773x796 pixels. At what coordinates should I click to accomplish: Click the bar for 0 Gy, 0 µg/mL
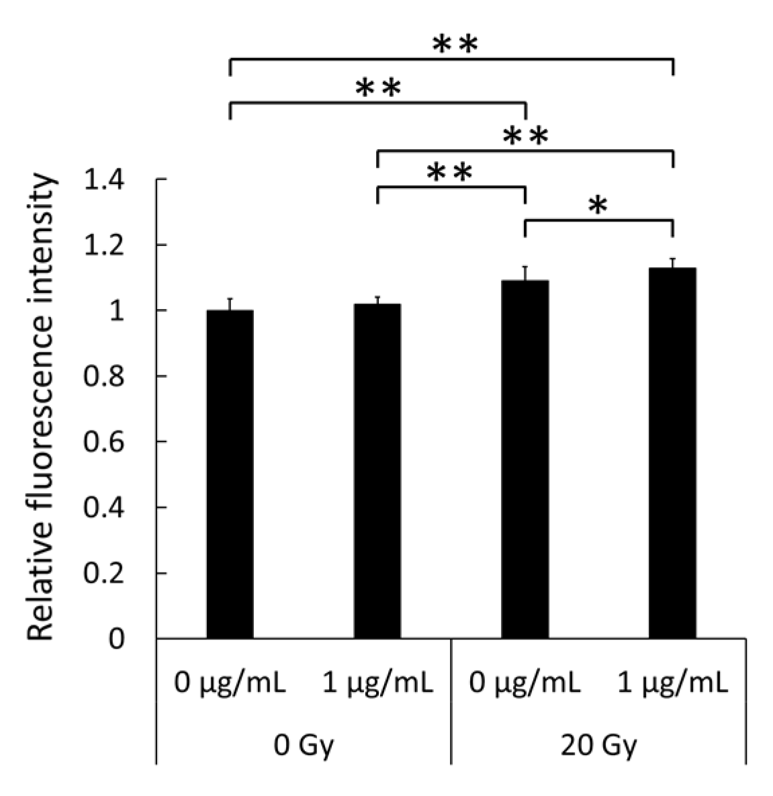pos(230,474)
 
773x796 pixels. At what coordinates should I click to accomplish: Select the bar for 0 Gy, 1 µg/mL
pos(377,470)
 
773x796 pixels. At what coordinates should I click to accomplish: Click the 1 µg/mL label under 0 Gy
pos(377,684)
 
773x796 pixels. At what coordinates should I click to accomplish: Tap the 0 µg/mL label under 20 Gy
pos(525,684)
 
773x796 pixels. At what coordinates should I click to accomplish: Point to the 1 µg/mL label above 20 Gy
pos(672,684)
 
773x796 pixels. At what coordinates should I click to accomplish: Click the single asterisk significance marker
pos(598,206)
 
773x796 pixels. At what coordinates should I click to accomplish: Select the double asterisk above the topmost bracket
pos(455,46)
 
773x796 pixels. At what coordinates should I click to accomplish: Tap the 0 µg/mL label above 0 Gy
pos(230,684)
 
